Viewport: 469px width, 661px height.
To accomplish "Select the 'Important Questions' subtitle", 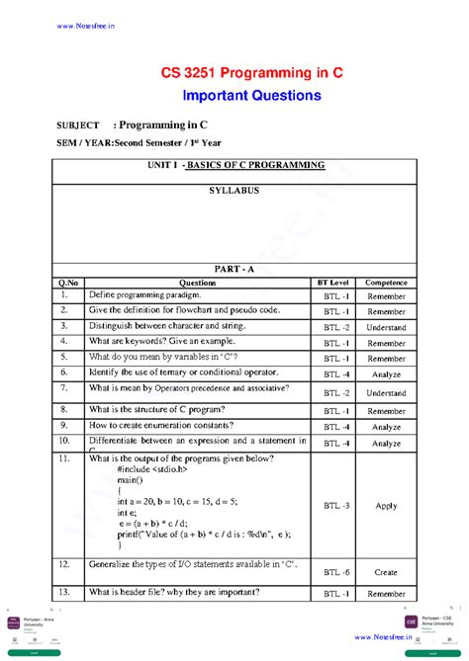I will tap(251, 96).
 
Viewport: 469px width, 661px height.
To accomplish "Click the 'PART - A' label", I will tap(234, 268).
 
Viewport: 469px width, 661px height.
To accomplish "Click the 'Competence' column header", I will tap(386, 283).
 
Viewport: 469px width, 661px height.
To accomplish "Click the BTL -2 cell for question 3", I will tap(336, 327).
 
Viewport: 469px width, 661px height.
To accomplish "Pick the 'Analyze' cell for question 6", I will tap(386, 374).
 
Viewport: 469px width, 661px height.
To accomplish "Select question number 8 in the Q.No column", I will tap(62, 409).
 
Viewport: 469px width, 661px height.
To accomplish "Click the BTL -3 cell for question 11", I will tap(336, 505).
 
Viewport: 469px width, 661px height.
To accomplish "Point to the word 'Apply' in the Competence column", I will tap(386, 505).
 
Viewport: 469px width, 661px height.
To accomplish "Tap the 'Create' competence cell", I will tap(386, 572).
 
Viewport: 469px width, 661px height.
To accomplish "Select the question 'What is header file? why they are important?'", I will tap(174, 593).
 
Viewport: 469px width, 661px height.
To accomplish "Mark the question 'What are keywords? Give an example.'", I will tap(165, 342).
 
